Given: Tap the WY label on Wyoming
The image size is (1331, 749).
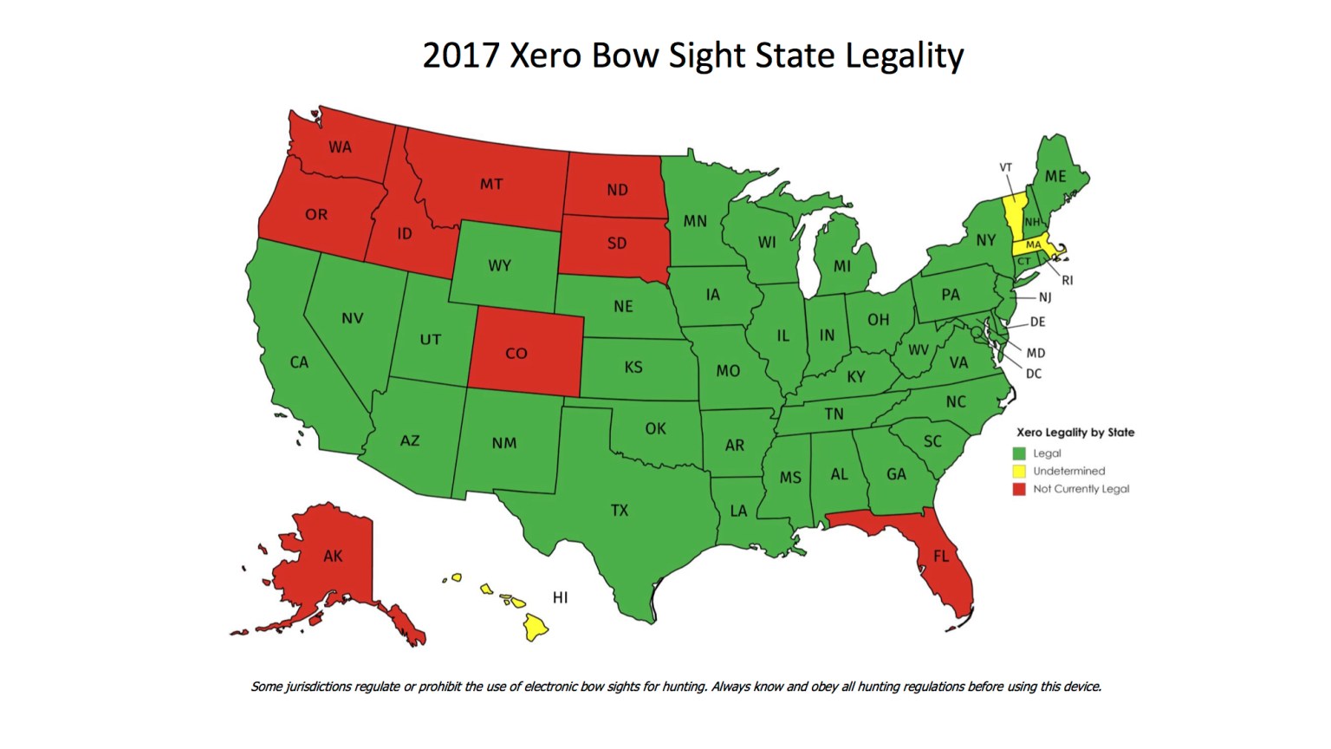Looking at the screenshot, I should [499, 265].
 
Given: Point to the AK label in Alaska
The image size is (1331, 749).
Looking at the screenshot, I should [333, 556].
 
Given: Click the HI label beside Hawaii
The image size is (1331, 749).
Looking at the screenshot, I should [560, 597].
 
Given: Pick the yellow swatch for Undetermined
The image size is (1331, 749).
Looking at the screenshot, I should [1020, 472].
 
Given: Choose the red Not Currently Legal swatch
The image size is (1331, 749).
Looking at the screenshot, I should [1020, 489].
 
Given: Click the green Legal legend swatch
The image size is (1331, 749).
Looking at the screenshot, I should [1020, 453].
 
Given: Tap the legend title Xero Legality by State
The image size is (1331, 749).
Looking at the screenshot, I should [1075, 432].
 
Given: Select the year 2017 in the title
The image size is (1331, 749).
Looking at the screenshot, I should [461, 55].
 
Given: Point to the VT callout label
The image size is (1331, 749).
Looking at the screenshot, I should [1005, 167].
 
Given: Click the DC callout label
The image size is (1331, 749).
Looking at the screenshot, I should [1034, 374].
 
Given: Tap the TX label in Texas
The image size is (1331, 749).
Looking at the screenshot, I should [619, 510].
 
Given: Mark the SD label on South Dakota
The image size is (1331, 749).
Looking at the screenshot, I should [617, 243].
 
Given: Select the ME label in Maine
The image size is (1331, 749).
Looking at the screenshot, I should [1055, 176].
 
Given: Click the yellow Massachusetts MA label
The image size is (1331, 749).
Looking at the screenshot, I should [1033, 245].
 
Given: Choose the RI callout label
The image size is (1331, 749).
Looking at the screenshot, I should [1067, 280].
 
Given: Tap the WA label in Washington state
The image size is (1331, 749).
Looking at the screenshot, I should [340, 147].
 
